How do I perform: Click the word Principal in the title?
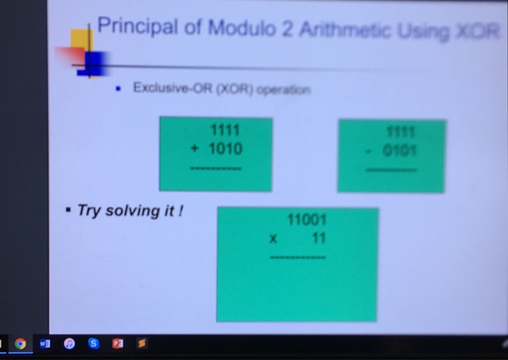[136, 28]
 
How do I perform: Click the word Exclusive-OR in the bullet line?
[166, 88]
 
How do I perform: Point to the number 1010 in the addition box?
[225, 149]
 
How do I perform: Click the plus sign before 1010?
[194, 149]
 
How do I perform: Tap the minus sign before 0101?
[369, 152]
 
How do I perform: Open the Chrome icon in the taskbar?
[20, 344]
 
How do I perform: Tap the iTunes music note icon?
[70, 344]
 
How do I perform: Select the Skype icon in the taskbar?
[93, 344]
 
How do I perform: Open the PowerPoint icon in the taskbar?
[117, 344]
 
